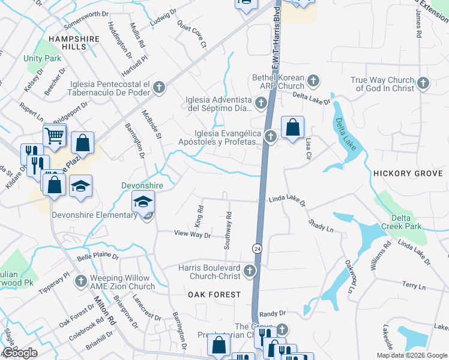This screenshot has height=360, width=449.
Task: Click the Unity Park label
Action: [43, 59]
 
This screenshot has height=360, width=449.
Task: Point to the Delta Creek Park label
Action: [403, 222]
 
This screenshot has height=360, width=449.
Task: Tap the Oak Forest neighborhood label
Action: [214, 295]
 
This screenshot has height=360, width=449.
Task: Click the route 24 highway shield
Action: [257, 248]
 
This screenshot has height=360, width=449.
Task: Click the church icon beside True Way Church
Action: [423, 84]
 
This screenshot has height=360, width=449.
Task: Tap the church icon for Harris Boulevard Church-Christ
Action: [250, 272]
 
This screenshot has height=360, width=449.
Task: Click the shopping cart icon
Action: [55, 136]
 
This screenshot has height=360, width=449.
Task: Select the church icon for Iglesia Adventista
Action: [261, 104]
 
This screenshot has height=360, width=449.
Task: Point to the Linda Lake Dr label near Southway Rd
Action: [287, 199]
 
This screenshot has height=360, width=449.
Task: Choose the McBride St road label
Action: [151, 124]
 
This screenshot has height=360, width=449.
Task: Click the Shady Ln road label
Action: [321, 225]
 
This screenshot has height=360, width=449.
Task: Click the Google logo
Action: [20, 353]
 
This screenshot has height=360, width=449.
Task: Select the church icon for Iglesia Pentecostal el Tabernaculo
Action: [159, 88]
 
